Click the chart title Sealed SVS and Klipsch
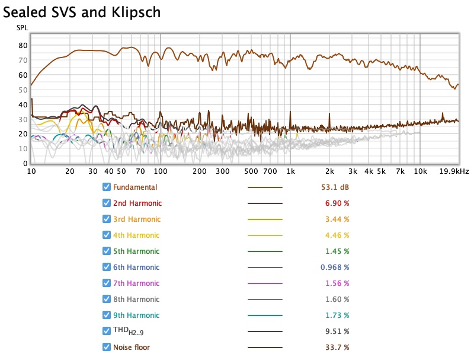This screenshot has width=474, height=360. [82, 11]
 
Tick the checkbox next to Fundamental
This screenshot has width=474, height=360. [107, 187]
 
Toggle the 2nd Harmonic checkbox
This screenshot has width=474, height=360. [107, 203]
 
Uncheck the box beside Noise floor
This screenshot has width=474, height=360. [107, 348]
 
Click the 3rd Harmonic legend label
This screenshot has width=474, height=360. [137, 219]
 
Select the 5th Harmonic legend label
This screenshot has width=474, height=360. [137, 251]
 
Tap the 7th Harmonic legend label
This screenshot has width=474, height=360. [137, 283]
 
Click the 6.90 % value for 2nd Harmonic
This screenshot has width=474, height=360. [337, 203]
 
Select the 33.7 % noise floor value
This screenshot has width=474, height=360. [337, 348]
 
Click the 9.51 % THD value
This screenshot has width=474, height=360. [337, 332]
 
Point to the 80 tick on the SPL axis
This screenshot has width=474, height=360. [23, 45]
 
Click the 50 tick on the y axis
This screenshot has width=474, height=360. [23, 90]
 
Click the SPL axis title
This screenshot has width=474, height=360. [21, 28]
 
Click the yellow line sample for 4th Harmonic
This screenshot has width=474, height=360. [265, 235]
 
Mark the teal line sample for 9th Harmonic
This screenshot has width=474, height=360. [265, 316]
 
